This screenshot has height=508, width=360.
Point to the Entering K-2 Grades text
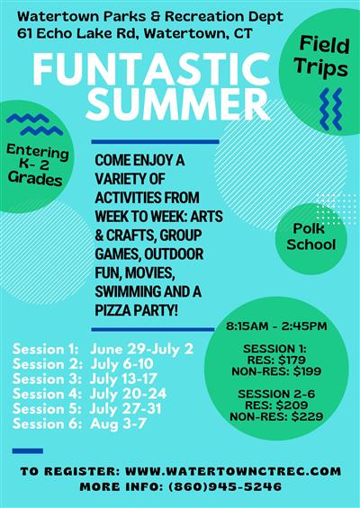[x=38, y=165]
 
